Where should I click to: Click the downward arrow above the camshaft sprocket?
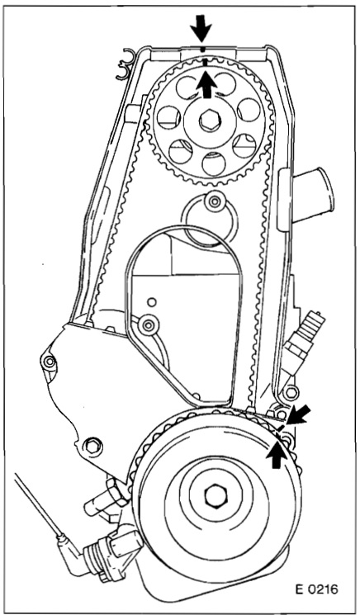tap(201, 28)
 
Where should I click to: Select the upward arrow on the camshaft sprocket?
tap(206, 86)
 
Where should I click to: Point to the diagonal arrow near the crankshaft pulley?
tap(298, 414)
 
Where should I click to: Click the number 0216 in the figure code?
tap(323, 589)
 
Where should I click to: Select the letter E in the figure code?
tap(301, 589)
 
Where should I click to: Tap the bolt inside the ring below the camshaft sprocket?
tap(214, 202)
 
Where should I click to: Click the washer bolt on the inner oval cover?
tap(149, 325)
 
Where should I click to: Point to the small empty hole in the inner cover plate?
tap(152, 302)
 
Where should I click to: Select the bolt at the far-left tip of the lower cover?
tap(49, 362)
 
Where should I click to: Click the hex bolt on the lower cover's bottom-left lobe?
tap(93, 446)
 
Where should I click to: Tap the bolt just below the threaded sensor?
tap(291, 392)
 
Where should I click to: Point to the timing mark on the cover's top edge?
tap(202, 50)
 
